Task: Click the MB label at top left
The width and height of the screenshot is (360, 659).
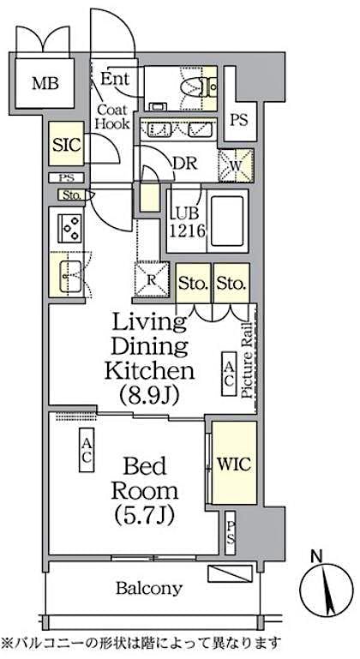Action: tap(40, 83)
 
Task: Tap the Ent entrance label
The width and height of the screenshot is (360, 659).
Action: tap(114, 80)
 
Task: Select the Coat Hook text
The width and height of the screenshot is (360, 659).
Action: tap(112, 117)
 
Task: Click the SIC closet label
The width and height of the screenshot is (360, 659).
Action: tap(66, 144)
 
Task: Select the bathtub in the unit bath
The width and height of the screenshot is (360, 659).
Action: tap(227, 220)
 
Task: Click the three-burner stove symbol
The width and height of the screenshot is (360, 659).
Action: tap(68, 229)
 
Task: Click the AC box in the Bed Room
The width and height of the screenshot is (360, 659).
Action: tap(87, 451)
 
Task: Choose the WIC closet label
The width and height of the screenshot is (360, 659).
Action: tap(233, 464)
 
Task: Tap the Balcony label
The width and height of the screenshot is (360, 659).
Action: tap(149, 588)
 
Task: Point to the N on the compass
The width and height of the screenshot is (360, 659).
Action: tap(316, 557)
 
